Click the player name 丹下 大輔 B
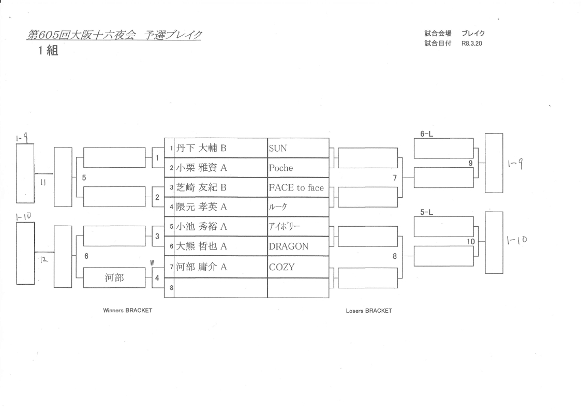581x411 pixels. (x=201, y=149)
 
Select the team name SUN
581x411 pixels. (x=278, y=149)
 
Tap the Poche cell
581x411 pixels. (x=281, y=168)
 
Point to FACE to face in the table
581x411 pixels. (x=296, y=188)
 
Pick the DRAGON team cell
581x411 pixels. (x=289, y=247)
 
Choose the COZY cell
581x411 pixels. (x=281, y=267)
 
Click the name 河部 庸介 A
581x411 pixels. (x=201, y=267)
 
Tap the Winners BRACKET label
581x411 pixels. (x=128, y=311)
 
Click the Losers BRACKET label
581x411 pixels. (x=369, y=311)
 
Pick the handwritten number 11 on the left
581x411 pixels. (x=44, y=182)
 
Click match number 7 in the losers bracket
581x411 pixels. (x=394, y=178)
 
